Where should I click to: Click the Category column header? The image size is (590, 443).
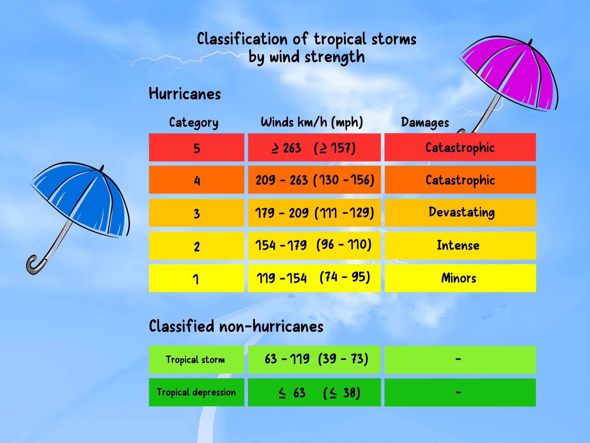pyautogui.click(x=194, y=122)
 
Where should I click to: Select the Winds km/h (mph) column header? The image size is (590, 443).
pyautogui.click(x=312, y=122)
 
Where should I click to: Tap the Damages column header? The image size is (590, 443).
pyautogui.click(x=425, y=122)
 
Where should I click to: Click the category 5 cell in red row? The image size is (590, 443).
pyautogui.click(x=196, y=148)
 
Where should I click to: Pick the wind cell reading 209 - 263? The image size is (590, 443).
pyautogui.click(x=314, y=180)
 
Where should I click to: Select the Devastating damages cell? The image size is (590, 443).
pyautogui.click(x=460, y=213)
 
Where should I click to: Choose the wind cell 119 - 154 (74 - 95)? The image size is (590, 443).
pyautogui.click(x=314, y=278)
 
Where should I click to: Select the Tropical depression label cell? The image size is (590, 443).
pyautogui.click(x=196, y=392)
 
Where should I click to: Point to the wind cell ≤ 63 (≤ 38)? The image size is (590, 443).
pyautogui.click(x=314, y=392)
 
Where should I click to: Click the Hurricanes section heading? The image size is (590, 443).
pyautogui.click(x=185, y=94)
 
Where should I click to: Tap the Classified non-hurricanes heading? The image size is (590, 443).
pyautogui.click(x=236, y=327)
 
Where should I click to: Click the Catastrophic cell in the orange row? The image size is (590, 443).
pyautogui.click(x=460, y=180)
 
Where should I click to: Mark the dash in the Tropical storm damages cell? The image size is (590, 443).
pyautogui.click(x=458, y=359)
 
